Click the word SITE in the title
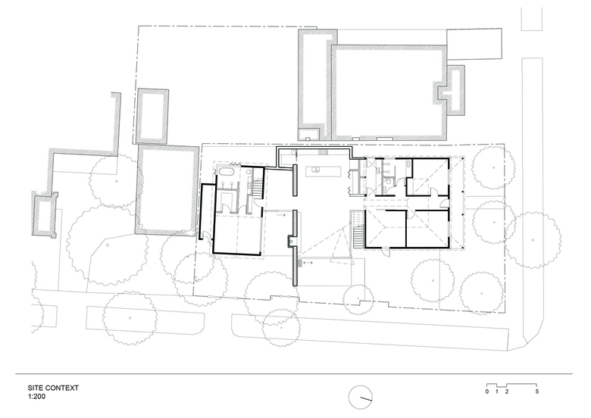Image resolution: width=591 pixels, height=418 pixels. tap(35, 388)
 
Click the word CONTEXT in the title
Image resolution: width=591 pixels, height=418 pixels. tap(61, 388)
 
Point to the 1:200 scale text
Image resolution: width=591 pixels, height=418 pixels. tap(36, 396)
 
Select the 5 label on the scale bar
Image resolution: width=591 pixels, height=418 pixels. tap(536, 391)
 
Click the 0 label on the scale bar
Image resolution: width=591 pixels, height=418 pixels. tap(487, 391)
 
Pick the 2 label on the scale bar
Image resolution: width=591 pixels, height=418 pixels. tap(507, 391)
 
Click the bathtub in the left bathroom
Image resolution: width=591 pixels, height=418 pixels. tap(226, 172)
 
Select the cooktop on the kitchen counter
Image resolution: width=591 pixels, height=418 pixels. tap(323, 152)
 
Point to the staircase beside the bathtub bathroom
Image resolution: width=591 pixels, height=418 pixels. tap(257, 188)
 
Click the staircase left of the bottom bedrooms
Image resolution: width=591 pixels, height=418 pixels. tap(358, 229)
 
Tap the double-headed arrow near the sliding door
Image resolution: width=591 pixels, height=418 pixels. tap(308, 263)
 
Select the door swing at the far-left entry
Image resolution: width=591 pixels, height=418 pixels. tap(206, 236)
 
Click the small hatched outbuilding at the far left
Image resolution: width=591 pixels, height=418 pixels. tap(45, 214)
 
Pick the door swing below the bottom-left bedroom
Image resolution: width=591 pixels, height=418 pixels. tap(385, 251)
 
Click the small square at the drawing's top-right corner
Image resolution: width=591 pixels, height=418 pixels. tap(532, 19)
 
